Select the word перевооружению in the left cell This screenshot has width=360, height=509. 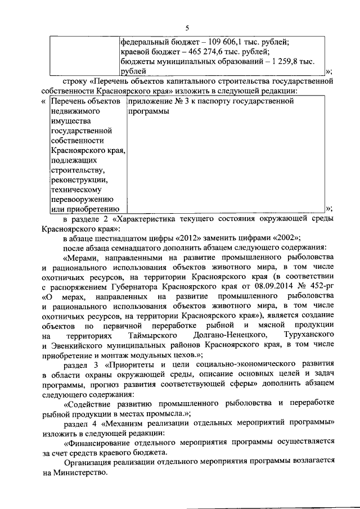[83, 199]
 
